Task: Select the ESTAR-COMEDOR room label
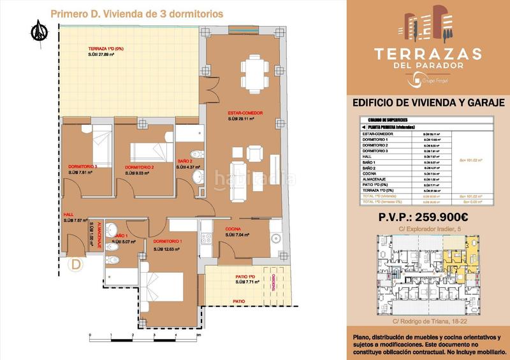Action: click(x=245, y=113)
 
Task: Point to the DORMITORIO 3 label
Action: click(x=83, y=167)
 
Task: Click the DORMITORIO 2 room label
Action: click(x=140, y=167)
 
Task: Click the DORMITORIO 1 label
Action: click(x=168, y=243)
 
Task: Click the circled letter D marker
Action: click(x=76, y=263)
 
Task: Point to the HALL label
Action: click(x=69, y=215)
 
